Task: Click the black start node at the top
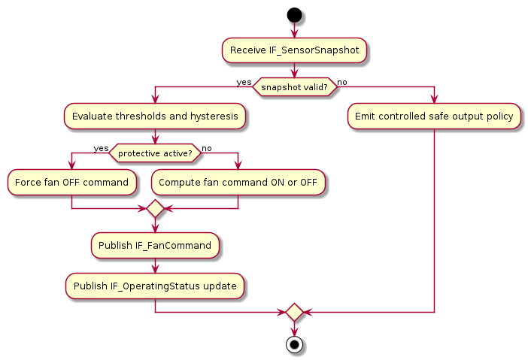(x=294, y=14)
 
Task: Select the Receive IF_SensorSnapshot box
(x=294, y=50)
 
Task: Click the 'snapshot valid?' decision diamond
(x=294, y=86)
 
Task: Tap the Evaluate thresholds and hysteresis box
(x=155, y=116)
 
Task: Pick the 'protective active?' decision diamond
(x=155, y=153)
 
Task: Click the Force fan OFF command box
(x=71, y=182)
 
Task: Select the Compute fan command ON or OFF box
(x=238, y=182)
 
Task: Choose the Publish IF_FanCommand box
(x=155, y=244)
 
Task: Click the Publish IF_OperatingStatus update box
(x=155, y=286)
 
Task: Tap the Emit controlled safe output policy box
(x=434, y=116)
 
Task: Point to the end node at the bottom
(x=294, y=345)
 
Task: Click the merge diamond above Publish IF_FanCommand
(x=155, y=208)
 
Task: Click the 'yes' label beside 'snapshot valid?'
(x=244, y=82)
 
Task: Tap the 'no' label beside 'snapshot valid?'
(x=342, y=82)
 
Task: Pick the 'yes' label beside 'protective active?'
(x=101, y=148)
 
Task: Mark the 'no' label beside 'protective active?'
(x=207, y=148)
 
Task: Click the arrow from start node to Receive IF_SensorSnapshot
(x=294, y=29)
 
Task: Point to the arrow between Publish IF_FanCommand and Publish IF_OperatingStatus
(x=155, y=265)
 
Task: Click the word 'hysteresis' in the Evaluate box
(x=214, y=116)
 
